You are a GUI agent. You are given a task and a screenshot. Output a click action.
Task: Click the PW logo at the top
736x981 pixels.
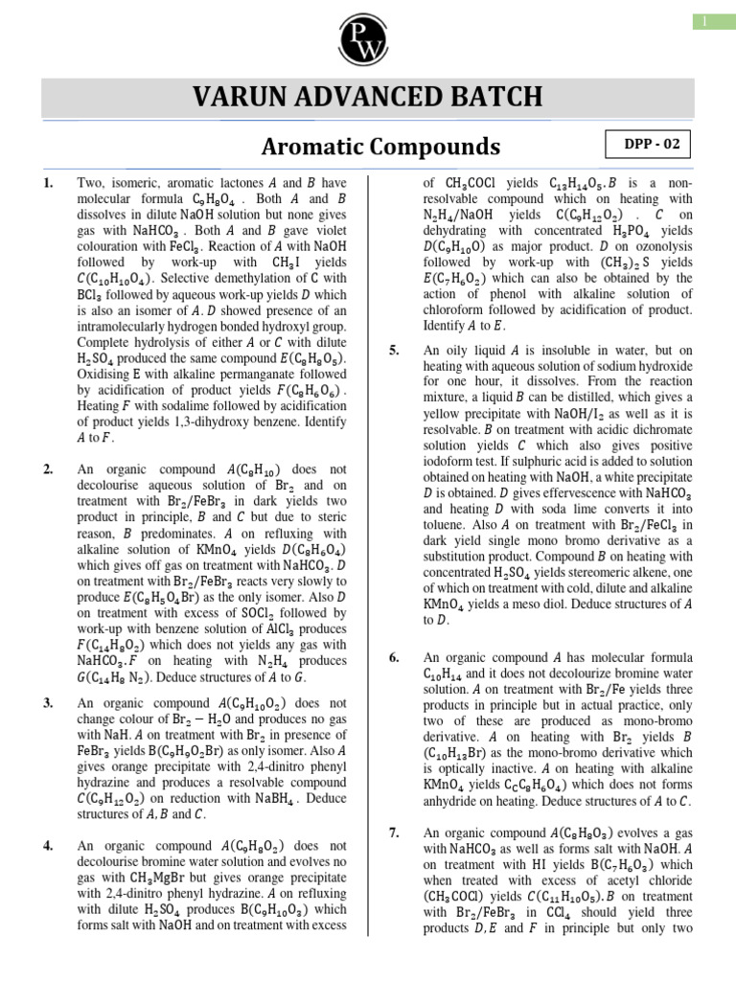(368, 35)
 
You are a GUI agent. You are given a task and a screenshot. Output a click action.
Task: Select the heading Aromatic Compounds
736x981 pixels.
(381, 147)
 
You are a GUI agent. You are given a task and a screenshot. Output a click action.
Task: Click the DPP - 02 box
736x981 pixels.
(649, 145)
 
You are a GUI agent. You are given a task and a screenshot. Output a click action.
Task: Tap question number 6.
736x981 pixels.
(394, 657)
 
